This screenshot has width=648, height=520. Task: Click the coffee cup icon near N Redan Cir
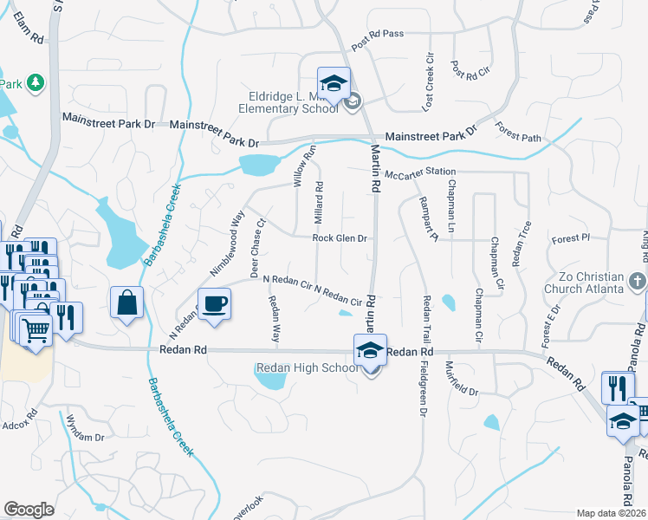(x=215, y=303)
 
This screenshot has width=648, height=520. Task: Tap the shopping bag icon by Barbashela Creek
(x=126, y=303)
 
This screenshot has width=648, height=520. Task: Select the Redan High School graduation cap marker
(x=370, y=351)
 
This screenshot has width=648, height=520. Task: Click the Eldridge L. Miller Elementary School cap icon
(x=334, y=83)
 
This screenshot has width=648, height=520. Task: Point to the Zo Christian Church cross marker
(x=638, y=282)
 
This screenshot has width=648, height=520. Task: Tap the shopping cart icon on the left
(x=35, y=329)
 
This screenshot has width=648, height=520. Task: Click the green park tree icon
(x=35, y=82)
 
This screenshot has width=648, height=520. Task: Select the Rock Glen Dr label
(x=340, y=237)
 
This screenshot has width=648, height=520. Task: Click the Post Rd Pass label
(x=378, y=44)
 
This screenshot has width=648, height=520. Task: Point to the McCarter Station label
(x=419, y=172)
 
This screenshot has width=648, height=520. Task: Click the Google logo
(x=28, y=510)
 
